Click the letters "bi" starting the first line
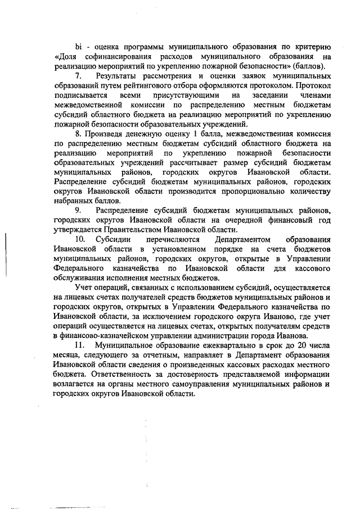click(79, 46)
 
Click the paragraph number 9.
click(78, 210)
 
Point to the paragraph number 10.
click(80, 239)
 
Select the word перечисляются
click(166, 239)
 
